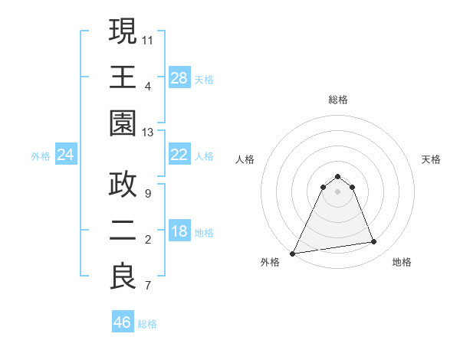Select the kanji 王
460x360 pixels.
[x=123, y=77]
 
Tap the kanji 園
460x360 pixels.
[x=123, y=123]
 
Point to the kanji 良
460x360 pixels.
[x=123, y=277]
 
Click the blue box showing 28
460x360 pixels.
[x=179, y=78]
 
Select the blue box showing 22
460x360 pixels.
[x=179, y=155]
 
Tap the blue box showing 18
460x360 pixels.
[x=179, y=232]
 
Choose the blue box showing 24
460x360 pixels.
[x=66, y=155]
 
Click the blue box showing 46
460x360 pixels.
[x=122, y=322]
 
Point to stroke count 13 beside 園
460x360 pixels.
[x=148, y=133]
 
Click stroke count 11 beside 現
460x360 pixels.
[x=148, y=39]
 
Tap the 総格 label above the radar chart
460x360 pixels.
[x=338, y=100]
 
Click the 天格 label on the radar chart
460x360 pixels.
[x=432, y=159]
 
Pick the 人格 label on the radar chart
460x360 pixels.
[x=245, y=159]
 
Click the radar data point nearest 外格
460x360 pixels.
[x=293, y=254]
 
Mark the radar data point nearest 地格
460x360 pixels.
[x=374, y=242]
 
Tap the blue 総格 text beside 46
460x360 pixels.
[x=147, y=324]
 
